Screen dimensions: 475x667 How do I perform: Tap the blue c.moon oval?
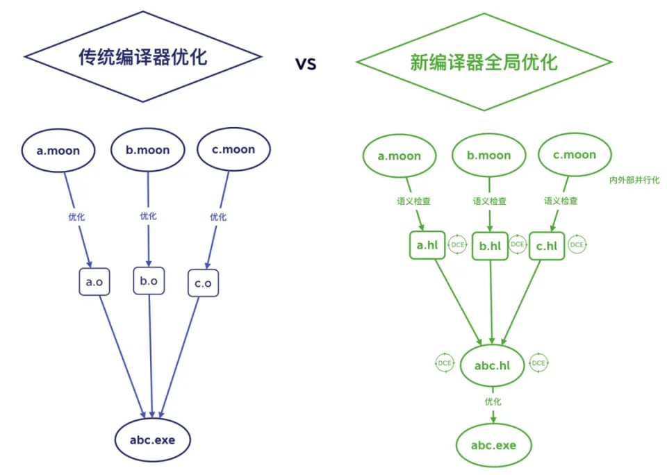[234, 149]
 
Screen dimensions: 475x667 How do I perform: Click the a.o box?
[94, 283]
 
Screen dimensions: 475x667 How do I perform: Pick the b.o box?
[149, 281]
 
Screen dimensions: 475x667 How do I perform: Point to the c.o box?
[203, 284]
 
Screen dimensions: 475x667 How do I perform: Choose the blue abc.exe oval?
[154, 439]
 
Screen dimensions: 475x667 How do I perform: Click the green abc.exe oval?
[493, 444]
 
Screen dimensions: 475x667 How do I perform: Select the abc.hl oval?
[493, 366]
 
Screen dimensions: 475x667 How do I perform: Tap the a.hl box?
[426, 246]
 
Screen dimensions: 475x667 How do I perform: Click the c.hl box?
[547, 246]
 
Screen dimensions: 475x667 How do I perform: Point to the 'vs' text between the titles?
[306, 64]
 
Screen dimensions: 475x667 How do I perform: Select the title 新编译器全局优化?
[484, 63]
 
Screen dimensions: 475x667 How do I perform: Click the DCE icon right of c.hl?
[577, 245]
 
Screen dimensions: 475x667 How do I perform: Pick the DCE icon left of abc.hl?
[445, 362]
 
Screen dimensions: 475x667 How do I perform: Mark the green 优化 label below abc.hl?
[493, 401]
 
